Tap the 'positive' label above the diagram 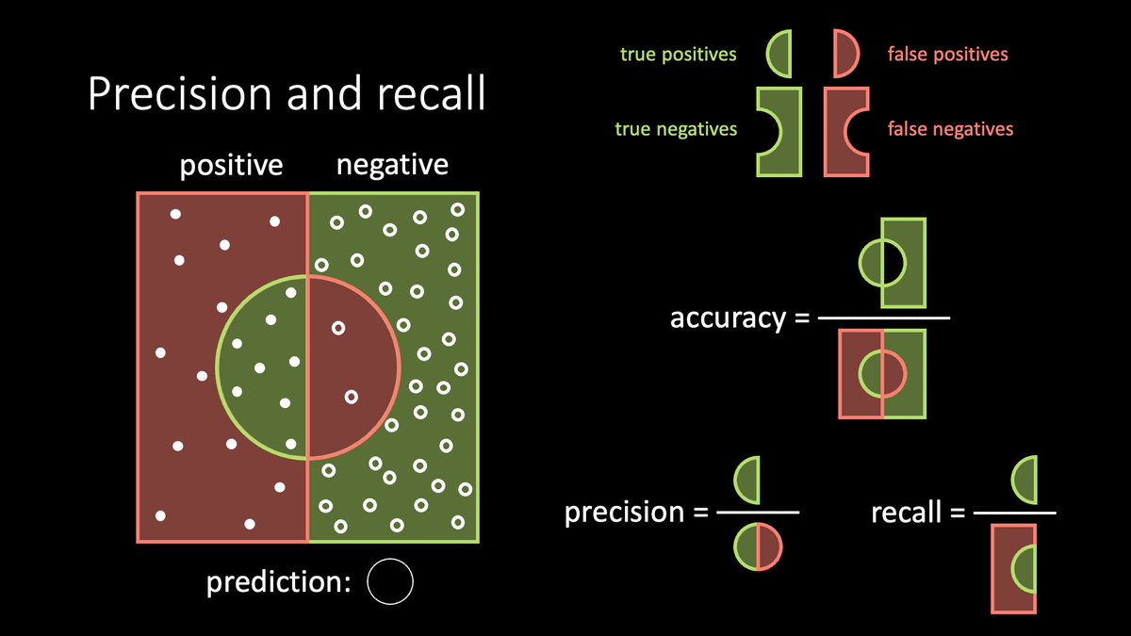tap(231, 166)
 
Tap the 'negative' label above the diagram tap(392, 166)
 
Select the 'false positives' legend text tap(947, 55)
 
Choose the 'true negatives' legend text tap(676, 128)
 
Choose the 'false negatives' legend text tap(950, 128)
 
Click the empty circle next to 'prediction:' tap(390, 581)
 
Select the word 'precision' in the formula tap(623, 512)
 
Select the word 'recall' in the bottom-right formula tap(906, 512)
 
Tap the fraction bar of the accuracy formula tap(883, 318)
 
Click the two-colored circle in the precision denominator tap(759, 547)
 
